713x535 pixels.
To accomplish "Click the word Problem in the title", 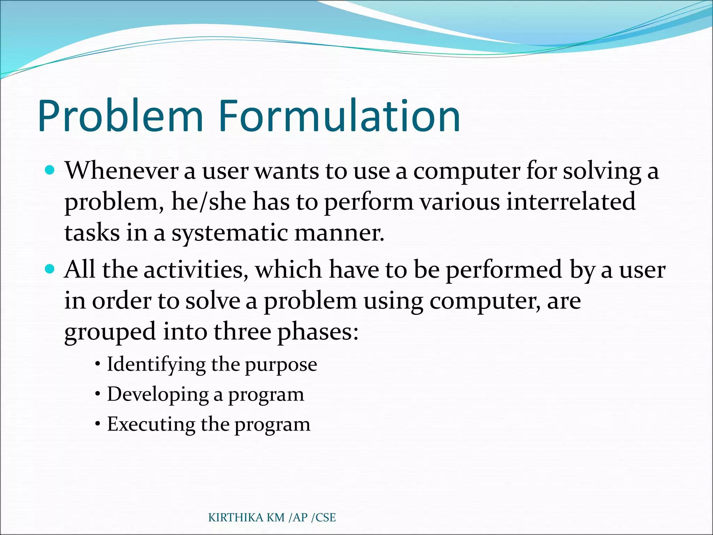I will (x=120, y=117).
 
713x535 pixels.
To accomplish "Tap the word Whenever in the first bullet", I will (x=122, y=171).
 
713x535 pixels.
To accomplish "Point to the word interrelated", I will (x=571, y=202).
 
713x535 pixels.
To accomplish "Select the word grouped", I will (x=110, y=332).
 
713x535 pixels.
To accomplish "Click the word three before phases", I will (x=242, y=332).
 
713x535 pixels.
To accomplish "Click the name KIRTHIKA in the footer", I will (x=236, y=518).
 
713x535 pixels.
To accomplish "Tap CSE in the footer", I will (x=326, y=518).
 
